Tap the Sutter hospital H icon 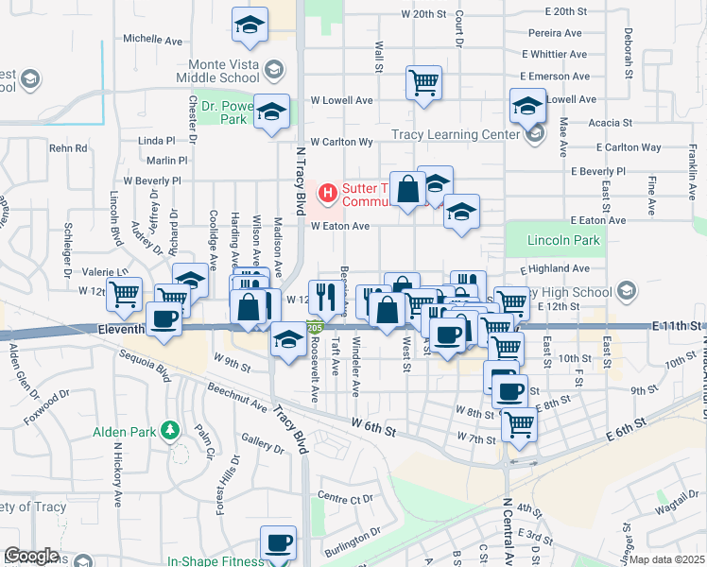(x=328, y=193)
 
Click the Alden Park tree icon (x=170, y=431)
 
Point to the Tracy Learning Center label (x=456, y=134)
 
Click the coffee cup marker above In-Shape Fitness (x=278, y=543)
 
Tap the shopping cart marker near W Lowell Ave (x=423, y=82)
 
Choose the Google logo (x=31, y=556)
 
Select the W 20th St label (x=422, y=14)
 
